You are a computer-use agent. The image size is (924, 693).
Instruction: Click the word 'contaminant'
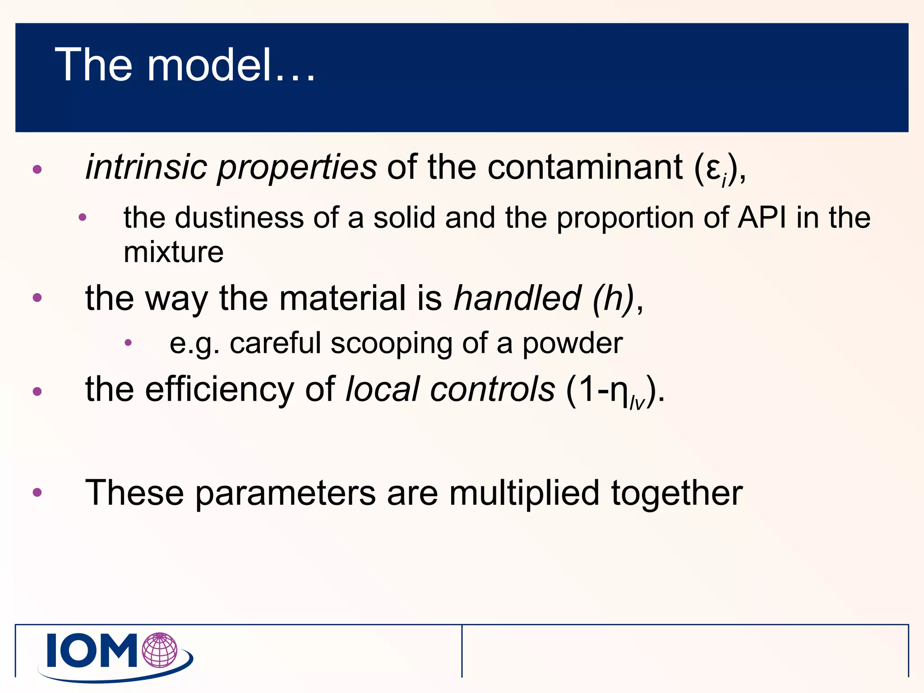(x=585, y=167)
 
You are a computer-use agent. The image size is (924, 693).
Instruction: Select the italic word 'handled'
(x=517, y=298)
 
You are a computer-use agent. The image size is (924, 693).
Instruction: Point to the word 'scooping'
(x=391, y=344)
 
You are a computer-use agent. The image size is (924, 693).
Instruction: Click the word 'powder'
(x=573, y=344)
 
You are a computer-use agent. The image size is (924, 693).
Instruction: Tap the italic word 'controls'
(x=492, y=389)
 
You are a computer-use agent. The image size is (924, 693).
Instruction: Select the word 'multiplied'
(x=524, y=493)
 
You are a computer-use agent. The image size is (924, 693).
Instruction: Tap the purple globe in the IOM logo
(x=160, y=650)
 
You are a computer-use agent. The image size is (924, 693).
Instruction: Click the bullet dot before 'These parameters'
(x=37, y=492)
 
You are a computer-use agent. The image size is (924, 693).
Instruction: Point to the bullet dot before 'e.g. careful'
(x=128, y=343)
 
